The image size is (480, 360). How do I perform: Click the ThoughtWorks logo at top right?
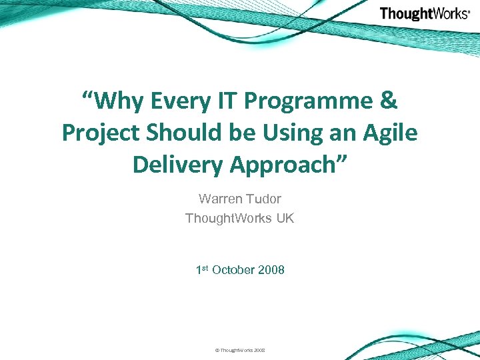(425, 13)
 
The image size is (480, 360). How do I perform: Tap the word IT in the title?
(226, 101)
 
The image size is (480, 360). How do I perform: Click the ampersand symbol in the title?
(388, 101)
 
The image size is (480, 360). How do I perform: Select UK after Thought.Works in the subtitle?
(281, 218)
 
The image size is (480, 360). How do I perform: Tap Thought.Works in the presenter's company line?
(225, 218)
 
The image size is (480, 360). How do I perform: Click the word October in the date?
(233, 270)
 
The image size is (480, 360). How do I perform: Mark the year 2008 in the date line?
(271, 270)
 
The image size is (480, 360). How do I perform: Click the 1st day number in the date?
(202, 269)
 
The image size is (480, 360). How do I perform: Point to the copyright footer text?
(239, 349)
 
